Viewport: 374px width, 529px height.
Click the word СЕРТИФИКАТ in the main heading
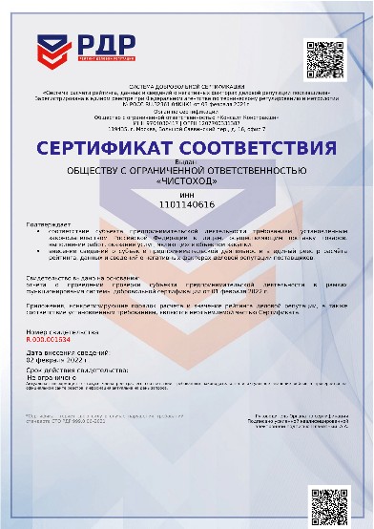click(115, 151)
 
